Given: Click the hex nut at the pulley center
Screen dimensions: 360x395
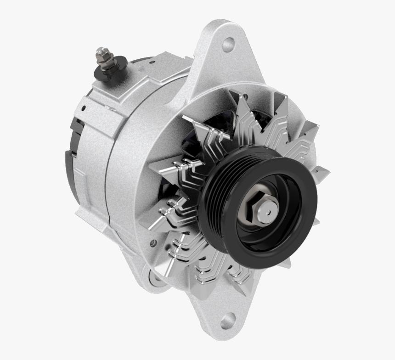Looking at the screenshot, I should point(250,206).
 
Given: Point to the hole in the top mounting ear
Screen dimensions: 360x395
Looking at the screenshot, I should point(228,45).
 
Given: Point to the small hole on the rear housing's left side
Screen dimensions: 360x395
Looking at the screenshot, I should point(84,109).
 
